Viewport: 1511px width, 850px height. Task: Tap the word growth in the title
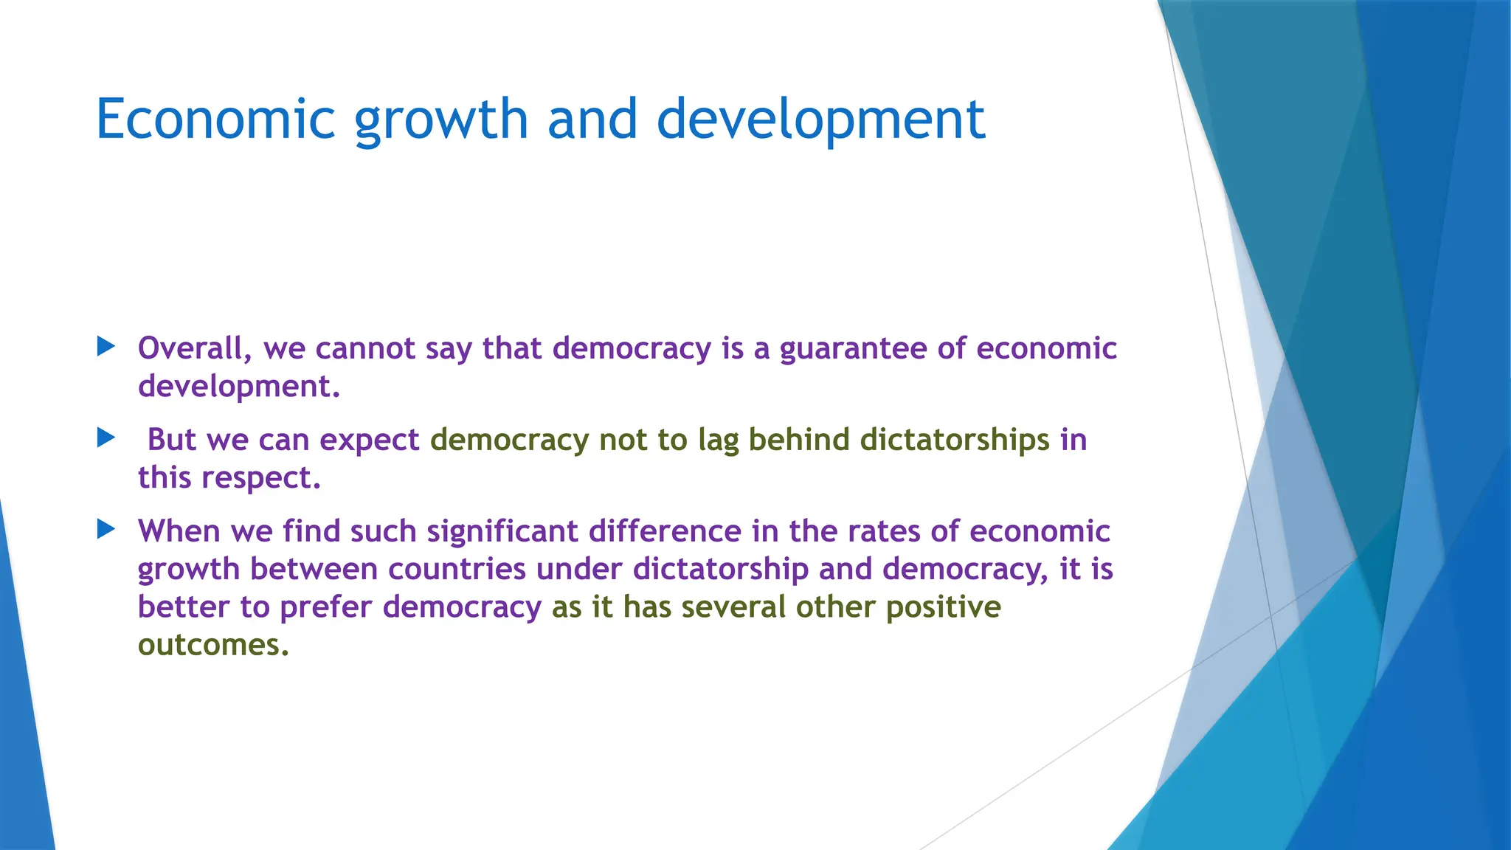pos(441,120)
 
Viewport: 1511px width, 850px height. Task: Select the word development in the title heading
pos(820,120)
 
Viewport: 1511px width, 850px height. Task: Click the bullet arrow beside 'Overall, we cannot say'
pos(106,346)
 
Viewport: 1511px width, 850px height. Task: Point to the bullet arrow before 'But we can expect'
pos(106,438)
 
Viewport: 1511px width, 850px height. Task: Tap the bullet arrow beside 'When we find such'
pos(106,529)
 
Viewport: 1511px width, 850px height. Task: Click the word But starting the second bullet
pos(172,440)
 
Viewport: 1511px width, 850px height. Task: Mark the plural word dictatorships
pos(955,440)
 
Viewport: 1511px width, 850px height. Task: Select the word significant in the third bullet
pos(502,531)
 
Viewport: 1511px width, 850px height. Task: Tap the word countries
pos(457,569)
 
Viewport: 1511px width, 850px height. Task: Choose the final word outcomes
pos(212,645)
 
